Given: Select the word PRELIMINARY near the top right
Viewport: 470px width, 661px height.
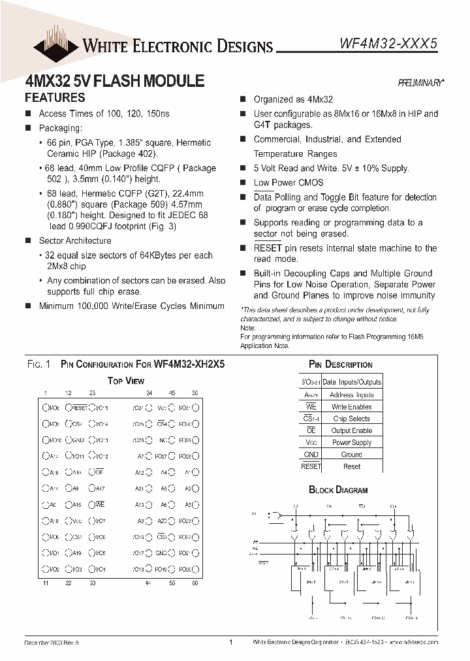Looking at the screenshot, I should click(421, 83).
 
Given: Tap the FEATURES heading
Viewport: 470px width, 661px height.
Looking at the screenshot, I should click(55, 98).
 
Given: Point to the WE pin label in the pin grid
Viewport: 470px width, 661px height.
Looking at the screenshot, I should click(100, 504).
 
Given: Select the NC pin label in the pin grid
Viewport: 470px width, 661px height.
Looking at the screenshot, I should click(164, 440).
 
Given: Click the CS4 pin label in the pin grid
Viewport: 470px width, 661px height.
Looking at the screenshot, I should click(163, 423).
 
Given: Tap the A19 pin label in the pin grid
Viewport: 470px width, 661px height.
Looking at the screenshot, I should click(76, 553).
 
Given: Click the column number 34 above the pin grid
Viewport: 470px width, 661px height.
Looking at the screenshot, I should click(149, 393).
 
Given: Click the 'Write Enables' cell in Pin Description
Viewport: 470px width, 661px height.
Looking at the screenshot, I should click(351, 406).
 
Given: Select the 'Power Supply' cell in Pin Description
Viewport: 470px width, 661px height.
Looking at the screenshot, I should click(351, 442).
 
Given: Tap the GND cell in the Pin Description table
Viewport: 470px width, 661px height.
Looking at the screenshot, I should click(311, 454).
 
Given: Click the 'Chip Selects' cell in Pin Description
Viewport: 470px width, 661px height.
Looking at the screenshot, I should click(351, 419).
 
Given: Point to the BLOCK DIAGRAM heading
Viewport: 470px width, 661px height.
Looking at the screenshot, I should click(338, 489).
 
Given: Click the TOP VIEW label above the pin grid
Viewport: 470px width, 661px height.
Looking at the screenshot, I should click(125, 380).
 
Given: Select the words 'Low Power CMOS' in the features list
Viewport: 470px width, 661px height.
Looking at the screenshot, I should click(284, 183).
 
